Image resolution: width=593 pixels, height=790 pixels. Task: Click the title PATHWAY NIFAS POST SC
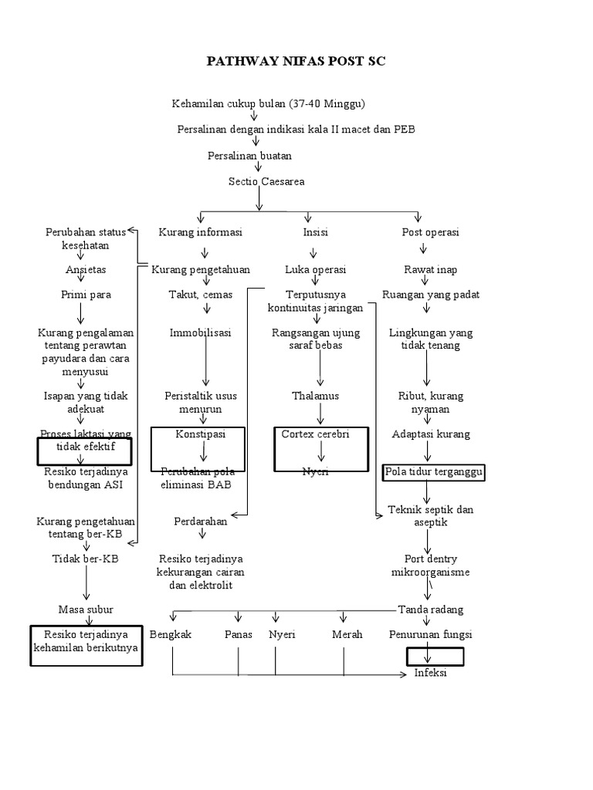pyautogui.click(x=296, y=61)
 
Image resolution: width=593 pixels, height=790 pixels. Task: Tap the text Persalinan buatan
pyautogui.click(x=250, y=156)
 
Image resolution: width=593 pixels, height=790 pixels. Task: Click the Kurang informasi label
pyautogui.click(x=201, y=232)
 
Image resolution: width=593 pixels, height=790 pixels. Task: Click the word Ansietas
pyautogui.click(x=86, y=270)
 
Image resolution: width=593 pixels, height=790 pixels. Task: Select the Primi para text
pyautogui.click(x=86, y=295)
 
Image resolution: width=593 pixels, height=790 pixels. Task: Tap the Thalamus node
pyautogui.click(x=315, y=396)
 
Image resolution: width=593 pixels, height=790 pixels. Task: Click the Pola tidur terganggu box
pyautogui.click(x=434, y=472)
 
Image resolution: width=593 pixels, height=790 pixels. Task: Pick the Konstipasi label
pyautogui.click(x=200, y=434)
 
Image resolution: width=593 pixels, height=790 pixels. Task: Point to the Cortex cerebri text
pyautogui.click(x=315, y=434)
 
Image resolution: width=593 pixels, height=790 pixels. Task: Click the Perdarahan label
pyautogui.click(x=201, y=522)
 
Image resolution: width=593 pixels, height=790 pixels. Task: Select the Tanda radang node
pyautogui.click(x=430, y=609)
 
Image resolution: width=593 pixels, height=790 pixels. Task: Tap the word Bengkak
pyautogui.click(x=171, y=634)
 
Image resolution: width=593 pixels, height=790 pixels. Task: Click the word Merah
pyautogui.click(x=347, y=634)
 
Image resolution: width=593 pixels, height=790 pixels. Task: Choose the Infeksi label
pyautogui.click(x=431, y=673)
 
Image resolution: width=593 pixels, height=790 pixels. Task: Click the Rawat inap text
pyautogui.click(x=430, y=270)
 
